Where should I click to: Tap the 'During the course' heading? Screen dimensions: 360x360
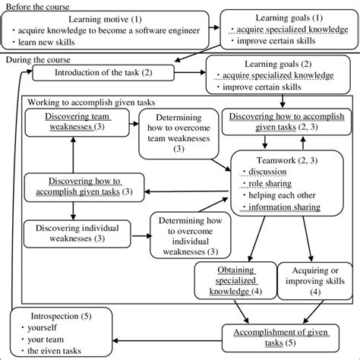[x=38, y=59]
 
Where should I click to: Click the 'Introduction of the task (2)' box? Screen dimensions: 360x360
[x=104, y=73]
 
